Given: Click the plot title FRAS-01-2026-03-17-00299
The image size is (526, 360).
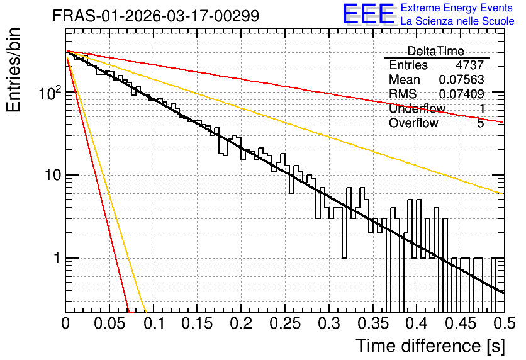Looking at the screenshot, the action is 156,16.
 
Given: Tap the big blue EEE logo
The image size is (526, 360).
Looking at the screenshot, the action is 368,14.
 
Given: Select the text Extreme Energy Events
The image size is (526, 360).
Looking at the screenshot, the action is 457,8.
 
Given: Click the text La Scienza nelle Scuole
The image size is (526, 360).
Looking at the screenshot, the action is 457,21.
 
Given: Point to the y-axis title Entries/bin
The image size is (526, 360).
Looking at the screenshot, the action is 13,70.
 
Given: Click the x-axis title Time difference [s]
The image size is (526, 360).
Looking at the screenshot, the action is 430,346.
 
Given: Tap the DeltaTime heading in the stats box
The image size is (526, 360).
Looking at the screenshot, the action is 436,51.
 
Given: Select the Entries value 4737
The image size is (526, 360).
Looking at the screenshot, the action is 469,65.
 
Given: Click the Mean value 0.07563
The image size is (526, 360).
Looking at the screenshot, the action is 461,79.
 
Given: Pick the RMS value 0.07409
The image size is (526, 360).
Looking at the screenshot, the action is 461,94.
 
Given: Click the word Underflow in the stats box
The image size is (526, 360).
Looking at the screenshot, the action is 417,108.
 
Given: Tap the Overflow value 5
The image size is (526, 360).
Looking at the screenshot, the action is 480,123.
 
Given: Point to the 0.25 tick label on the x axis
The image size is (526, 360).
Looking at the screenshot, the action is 285,323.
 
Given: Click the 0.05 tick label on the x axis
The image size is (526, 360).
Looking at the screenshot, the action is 109,323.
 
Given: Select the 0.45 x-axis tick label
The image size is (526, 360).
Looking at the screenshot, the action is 461,323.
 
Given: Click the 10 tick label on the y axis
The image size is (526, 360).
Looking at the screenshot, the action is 53,175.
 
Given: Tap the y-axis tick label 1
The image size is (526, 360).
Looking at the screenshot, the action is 57,258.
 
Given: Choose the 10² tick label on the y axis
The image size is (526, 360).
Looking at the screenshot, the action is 50,93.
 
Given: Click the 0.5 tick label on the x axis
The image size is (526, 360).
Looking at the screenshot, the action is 505,323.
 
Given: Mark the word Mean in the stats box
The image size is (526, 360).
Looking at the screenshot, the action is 404,79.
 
